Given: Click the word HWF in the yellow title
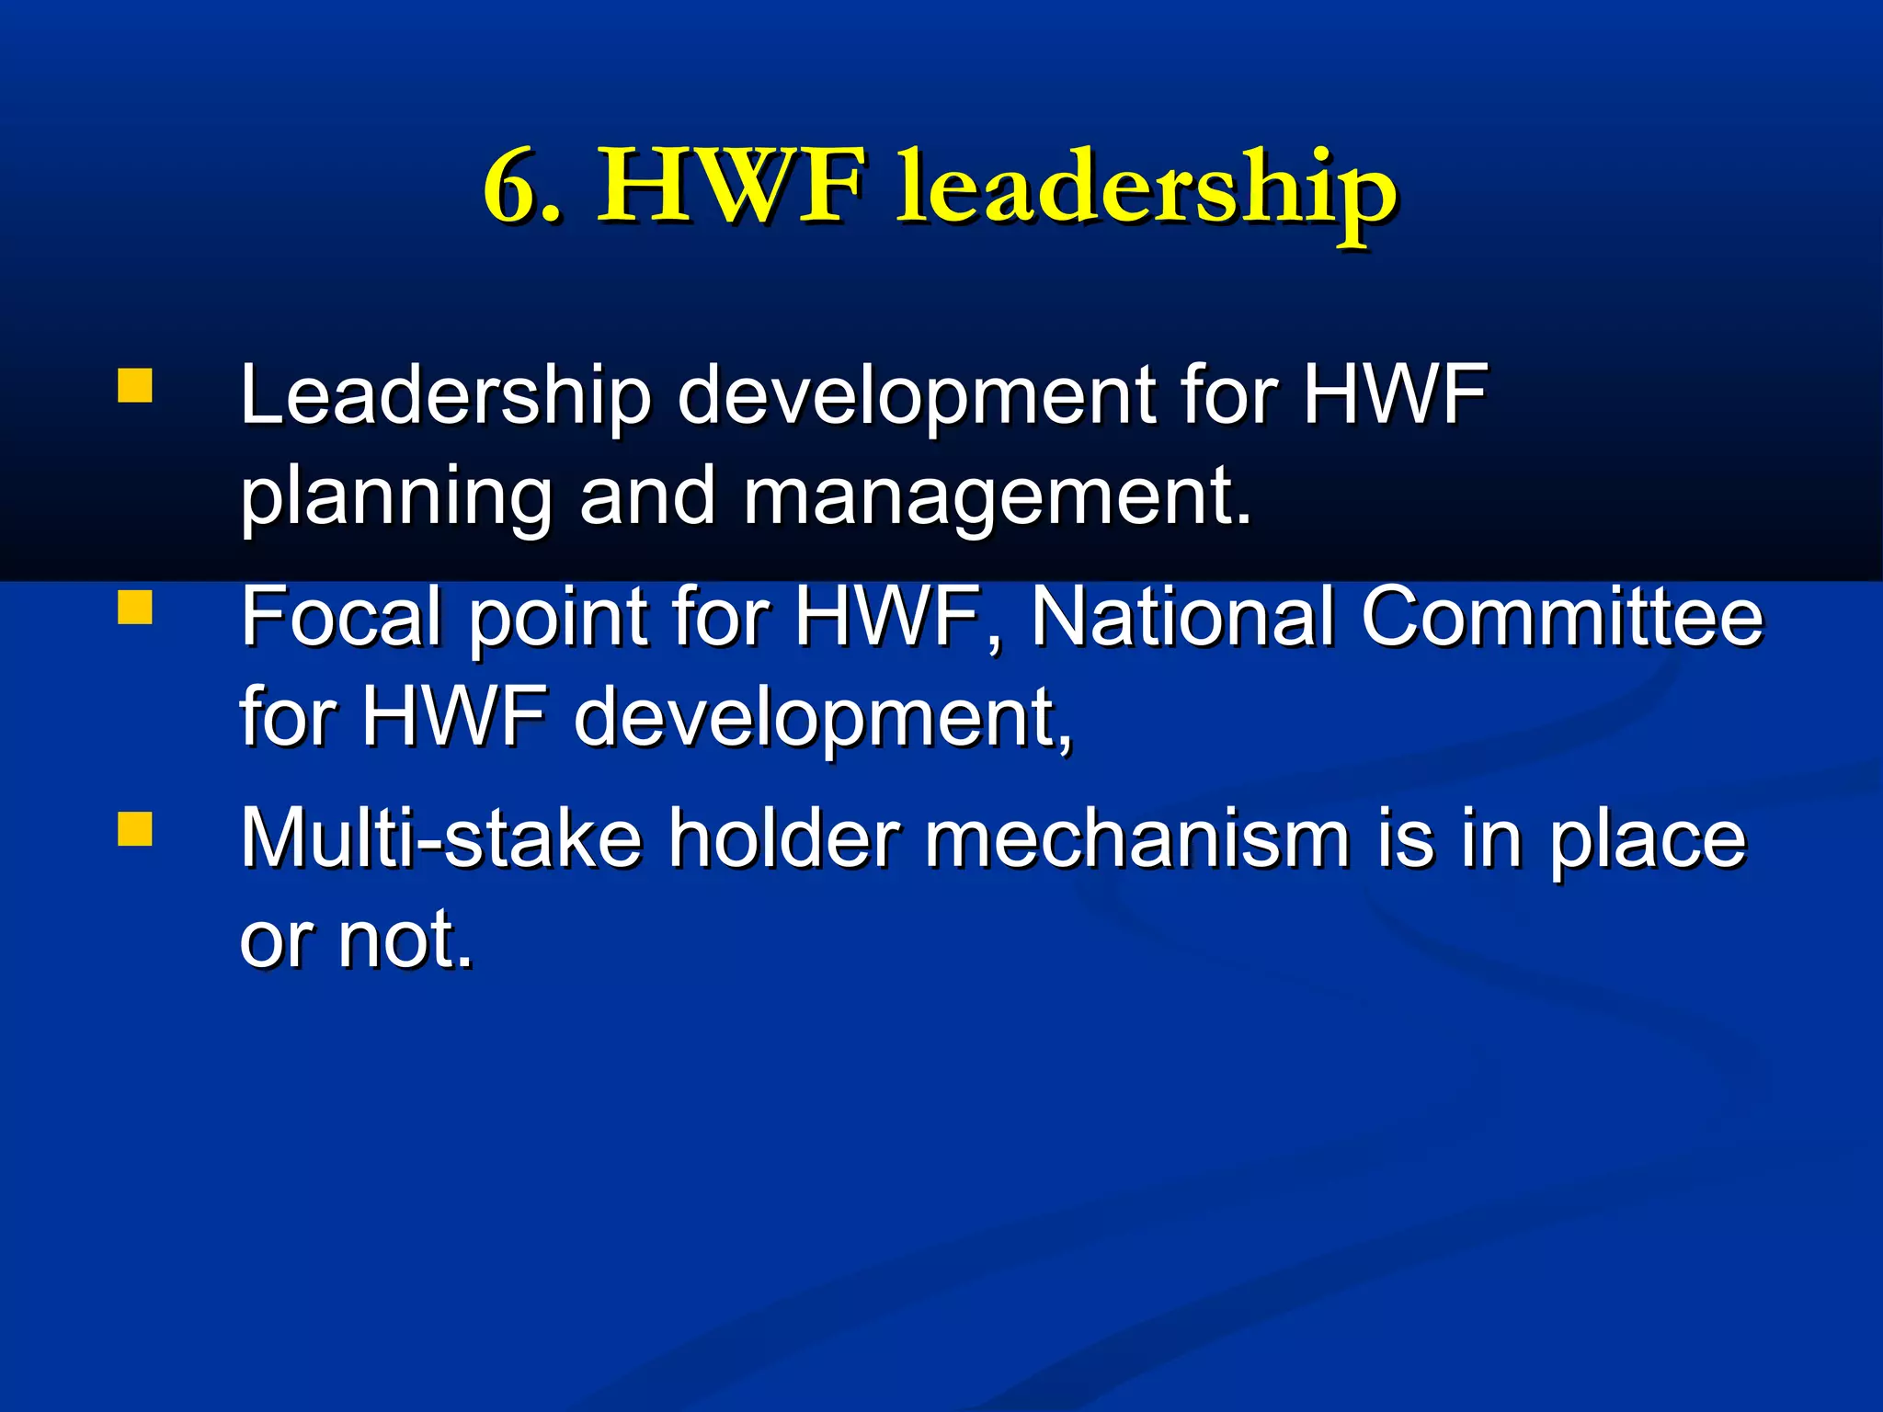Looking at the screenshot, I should click(x=731, y=188).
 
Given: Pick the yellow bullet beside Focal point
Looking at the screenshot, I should click(x=135, y=608).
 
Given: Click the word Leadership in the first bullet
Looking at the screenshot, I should click(x=445, y=395).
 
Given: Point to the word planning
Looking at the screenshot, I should click(x=395, y=498).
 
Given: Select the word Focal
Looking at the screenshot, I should click(x=341, y=617).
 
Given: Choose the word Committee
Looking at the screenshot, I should click(x=1562, y=617).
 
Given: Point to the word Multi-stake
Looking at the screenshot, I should click(x=440, y=837).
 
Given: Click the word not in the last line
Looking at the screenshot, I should click(x=405, y=939).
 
